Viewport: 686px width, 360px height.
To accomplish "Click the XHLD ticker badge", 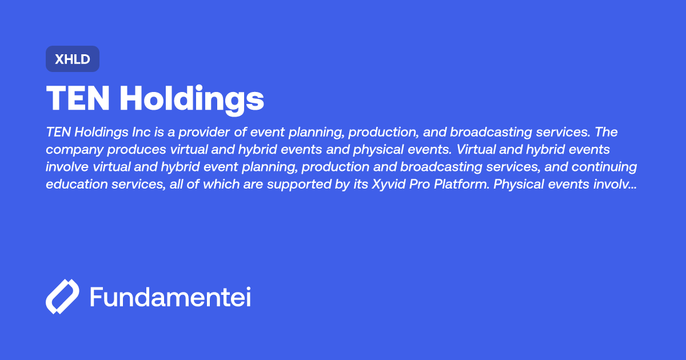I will pos(73,59).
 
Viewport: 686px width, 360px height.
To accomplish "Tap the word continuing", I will pos(604,167).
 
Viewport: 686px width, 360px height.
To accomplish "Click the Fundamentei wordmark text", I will pos(170,297).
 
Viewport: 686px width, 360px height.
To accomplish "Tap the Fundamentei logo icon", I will pos(62,297).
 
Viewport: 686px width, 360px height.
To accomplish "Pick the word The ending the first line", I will pos(605,132).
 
